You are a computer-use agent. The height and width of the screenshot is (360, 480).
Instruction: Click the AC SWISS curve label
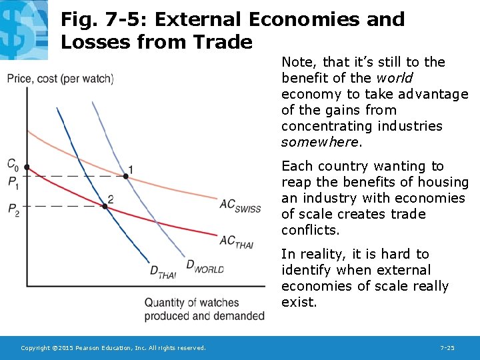[x=240, y=206]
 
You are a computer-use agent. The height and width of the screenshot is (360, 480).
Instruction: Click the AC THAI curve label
[x=236, y=241]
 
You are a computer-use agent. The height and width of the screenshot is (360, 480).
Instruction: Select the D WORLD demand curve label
[x=205, y=267]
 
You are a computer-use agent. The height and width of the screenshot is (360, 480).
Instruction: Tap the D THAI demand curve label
[x=163, y=272]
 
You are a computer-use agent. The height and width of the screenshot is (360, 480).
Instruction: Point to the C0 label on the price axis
[x=13, y=164]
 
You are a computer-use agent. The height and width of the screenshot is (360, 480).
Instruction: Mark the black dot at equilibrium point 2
[x=105, y=206]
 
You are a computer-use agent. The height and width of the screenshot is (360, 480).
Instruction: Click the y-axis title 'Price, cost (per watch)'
[x=60, y=79]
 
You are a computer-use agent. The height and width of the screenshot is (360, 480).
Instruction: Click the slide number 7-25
[x=447, y=348]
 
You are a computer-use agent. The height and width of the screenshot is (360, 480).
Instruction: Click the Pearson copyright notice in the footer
[x=113, y=348]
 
